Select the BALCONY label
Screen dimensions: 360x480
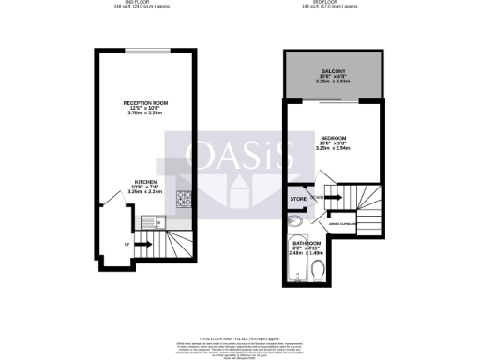(x=332, y=71)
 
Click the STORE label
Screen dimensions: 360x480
(x=299, y=198)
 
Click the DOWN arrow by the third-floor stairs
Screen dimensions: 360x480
(x=322, y=198)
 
